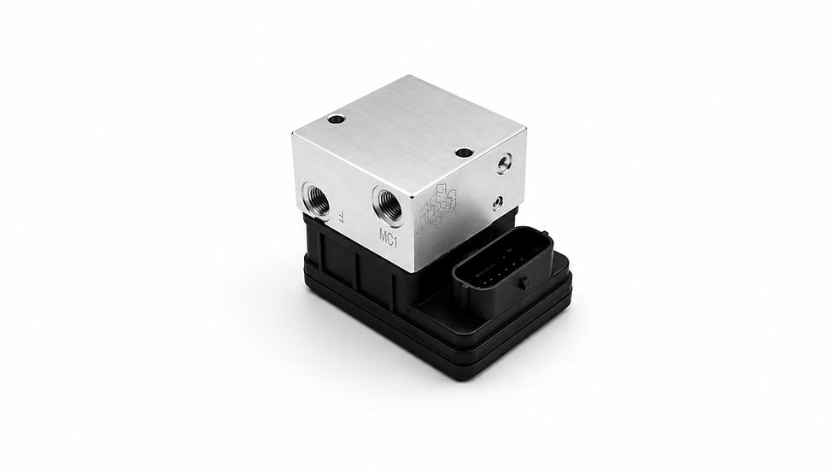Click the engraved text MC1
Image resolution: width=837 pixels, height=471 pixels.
point(389,238)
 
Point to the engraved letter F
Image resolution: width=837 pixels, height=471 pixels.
point(342,216)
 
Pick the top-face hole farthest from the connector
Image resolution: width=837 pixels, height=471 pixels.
point(337,120)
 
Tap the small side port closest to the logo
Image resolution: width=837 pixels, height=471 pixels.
point(498,202)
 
